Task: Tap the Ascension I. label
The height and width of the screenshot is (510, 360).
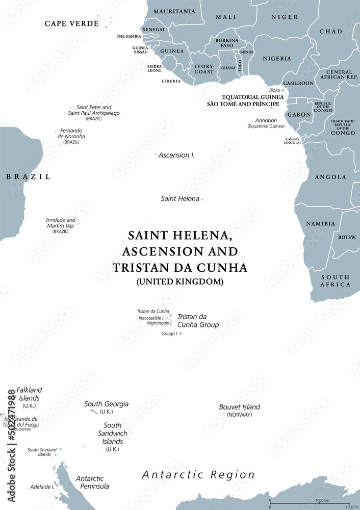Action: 176,155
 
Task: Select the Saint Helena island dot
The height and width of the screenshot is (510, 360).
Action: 202,199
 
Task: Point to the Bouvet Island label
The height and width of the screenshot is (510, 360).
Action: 239,407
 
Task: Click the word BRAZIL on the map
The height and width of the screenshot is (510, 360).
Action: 28,177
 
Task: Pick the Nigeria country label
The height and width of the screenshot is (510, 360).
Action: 277,59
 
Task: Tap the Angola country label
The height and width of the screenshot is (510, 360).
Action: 330,177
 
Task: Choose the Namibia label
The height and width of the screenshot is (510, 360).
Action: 320,223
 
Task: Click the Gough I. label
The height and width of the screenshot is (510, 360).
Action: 170,334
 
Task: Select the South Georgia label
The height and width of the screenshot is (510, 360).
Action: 106,404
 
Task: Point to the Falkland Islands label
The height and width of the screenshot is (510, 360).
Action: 29,394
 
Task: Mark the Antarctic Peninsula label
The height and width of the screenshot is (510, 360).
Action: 92,482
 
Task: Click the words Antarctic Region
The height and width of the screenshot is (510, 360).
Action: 198,475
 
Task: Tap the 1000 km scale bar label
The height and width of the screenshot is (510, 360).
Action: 323,500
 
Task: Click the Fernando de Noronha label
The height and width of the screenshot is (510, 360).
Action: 71,134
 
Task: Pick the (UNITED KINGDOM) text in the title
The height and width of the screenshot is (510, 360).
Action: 180,281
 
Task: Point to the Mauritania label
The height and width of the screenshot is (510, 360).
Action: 174,11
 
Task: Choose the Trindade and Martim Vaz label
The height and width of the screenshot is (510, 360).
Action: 60,223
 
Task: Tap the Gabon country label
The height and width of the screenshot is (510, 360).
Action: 299,115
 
